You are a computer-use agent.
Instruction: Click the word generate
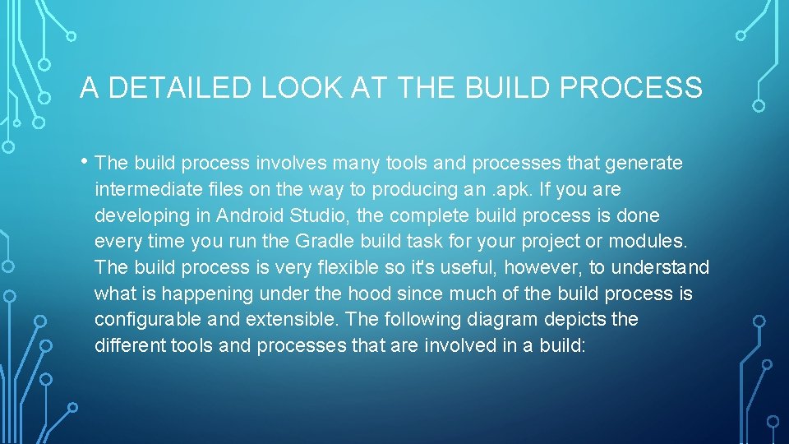[644, 164]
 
